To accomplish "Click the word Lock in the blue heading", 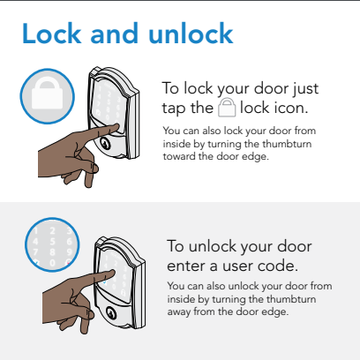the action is (x=52, y=34).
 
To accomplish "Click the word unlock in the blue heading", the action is (x=191, y=34).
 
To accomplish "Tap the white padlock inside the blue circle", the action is (x=47, y=94).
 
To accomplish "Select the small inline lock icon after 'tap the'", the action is (x=227, y=108).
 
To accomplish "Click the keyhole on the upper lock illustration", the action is (x=105, y=143).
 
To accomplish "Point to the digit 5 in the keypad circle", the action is (x=52, y=242).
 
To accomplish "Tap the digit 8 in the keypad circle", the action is (x=52, y=252).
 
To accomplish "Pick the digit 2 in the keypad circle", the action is (x=52, y=231).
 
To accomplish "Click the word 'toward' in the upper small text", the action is (x=179, y=156).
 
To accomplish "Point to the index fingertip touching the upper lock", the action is (x=117, y=127).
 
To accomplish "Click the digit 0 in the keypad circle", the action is (x=52, y=262).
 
